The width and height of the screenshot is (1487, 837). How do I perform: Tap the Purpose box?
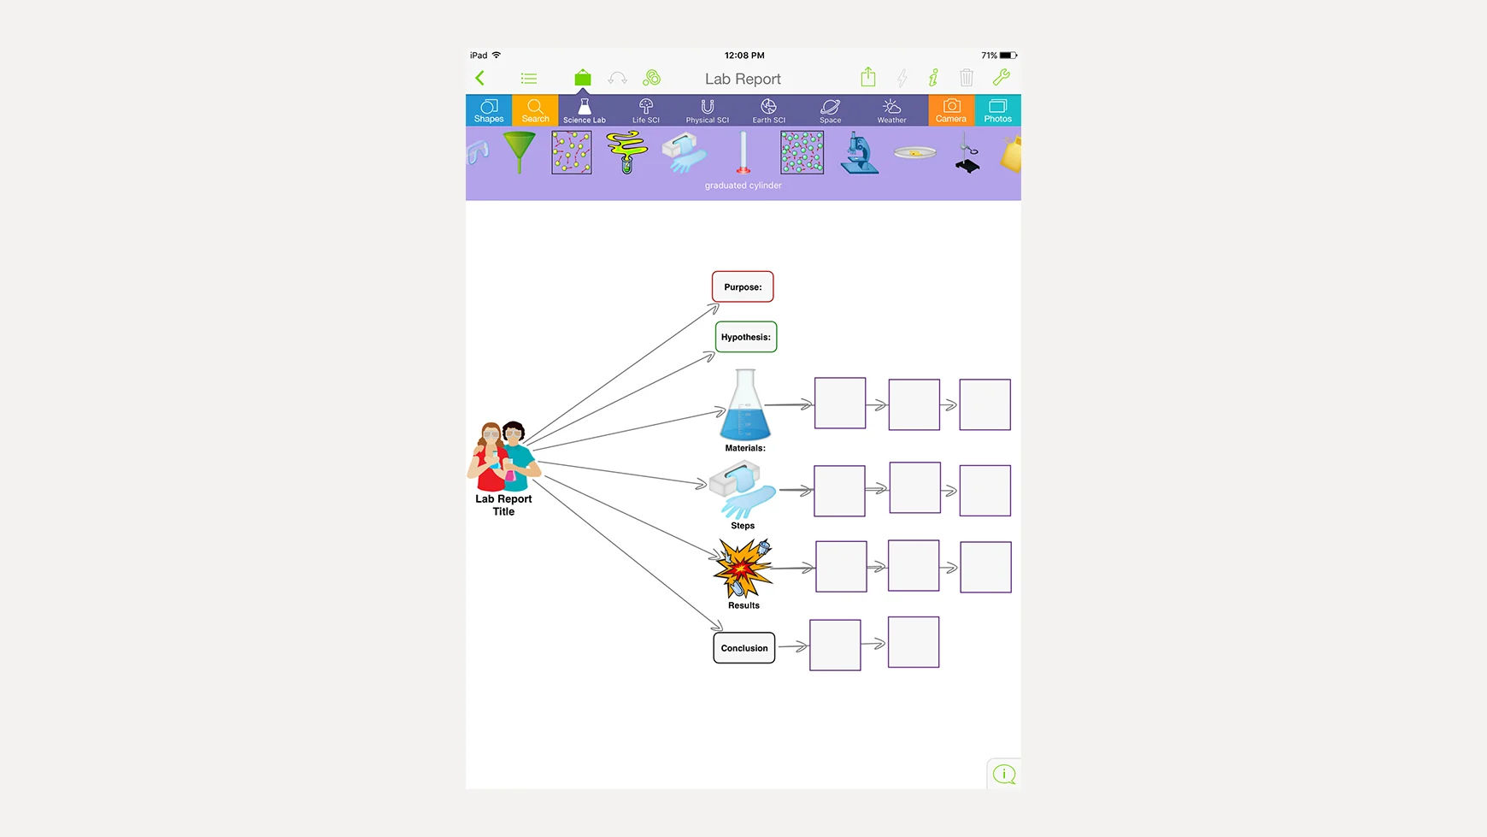(743, 287)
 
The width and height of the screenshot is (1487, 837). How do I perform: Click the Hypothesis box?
(745, 337)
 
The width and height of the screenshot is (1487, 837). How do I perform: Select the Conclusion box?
(743, 648)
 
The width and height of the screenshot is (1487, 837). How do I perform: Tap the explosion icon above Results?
(743, 569)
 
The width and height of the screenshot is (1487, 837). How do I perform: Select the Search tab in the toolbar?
(535, 110)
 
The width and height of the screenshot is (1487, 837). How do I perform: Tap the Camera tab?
(951, 110)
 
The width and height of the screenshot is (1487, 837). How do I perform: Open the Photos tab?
(997, 110)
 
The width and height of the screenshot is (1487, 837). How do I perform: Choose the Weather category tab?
(891, 110)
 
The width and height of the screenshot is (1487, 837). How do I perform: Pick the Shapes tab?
(489, 110)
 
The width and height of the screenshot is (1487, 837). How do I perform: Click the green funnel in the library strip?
(519, 152)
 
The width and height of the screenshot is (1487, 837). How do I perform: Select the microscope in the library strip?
(859, 154)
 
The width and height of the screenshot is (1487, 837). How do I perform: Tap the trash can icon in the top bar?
(967, 78)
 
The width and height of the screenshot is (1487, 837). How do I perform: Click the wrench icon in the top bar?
(1001, 78)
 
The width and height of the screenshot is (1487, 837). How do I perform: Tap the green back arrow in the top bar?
(480, 78)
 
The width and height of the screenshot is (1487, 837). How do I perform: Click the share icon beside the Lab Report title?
(868, 77)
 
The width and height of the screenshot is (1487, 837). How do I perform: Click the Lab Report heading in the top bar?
(743, 79)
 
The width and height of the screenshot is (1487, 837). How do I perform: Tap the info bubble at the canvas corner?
(1004, 774)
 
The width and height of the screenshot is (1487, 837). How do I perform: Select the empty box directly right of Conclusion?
(835, 645)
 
